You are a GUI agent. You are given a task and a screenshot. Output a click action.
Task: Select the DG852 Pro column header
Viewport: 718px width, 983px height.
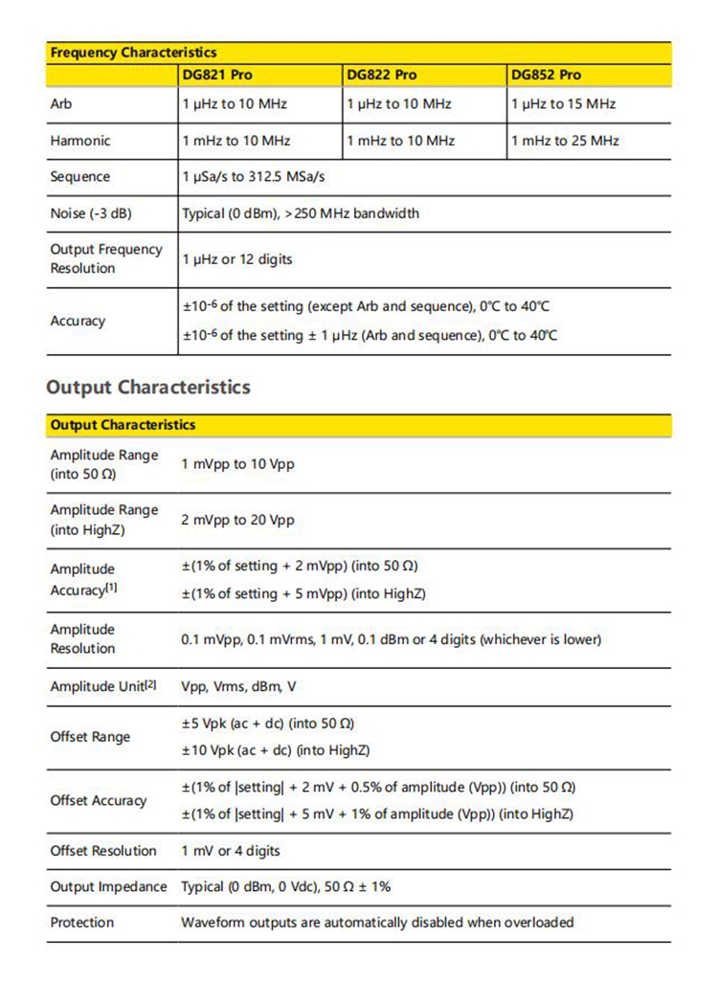pos(546,75)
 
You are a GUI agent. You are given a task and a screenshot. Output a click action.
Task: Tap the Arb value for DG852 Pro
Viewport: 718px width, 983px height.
pos(563,103)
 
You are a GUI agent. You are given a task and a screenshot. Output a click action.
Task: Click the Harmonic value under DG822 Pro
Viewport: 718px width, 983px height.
pos(400,141)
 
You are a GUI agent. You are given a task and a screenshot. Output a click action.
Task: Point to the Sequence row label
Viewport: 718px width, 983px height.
pos(80,177)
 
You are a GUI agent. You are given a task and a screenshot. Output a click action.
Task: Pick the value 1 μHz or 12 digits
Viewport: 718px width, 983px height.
pos(237,259)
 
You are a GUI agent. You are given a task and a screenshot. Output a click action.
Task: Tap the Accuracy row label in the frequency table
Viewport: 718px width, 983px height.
pos(78,321)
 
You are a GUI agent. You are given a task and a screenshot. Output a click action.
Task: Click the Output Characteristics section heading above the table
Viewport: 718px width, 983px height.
pos(148,388)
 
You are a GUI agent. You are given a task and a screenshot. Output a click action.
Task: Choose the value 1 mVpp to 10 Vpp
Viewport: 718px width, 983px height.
pos(237,464)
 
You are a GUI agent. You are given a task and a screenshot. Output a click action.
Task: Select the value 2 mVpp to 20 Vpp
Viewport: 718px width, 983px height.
pos(237,520)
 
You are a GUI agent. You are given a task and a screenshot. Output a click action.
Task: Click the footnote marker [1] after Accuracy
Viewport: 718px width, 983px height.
pos(111,588)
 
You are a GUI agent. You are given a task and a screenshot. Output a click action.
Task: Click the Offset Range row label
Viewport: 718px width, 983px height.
pos(90,737)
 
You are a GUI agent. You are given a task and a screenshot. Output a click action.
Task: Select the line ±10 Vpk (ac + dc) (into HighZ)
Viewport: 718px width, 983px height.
pos(276,750)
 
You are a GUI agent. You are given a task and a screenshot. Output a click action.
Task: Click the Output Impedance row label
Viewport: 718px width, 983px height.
pos(108,887)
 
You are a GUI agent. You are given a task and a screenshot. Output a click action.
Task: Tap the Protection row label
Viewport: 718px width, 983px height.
pos(81,923)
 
